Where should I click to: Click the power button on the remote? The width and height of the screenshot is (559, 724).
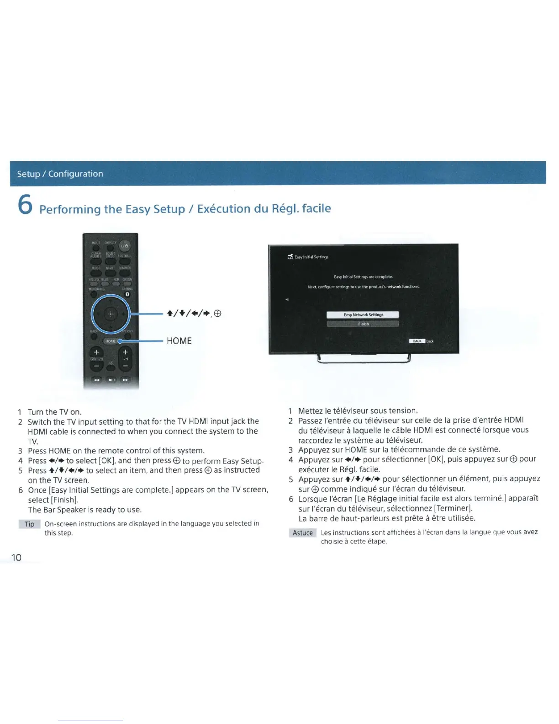pyautogui.click(x=124, y=246)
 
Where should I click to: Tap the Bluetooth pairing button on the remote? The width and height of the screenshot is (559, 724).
pyautogui.click(x=127, y=294)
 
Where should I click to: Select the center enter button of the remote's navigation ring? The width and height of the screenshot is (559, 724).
pyautogui.click(x=110, y=314)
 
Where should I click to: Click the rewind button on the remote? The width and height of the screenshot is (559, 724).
pyautogui.click(x=96, y=380)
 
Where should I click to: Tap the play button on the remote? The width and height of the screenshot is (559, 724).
pyautogui.click(x=111, y=380)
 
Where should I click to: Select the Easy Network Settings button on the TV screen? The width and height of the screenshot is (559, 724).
pyautogui.click(x=363, y=314)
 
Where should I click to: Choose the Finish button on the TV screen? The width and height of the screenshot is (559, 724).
pyautogui.click(x=363, y=324)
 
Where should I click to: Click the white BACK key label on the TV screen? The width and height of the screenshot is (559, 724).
pyautogui.click(x=417, y=341)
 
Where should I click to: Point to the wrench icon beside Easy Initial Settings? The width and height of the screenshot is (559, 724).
pyautogui.click(x=290, y=257)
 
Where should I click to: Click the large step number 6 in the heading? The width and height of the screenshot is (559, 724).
pyautogui.click(x=25, y=204)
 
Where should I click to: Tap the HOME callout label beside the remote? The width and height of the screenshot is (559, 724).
pyautogui.click(x=179, y=341)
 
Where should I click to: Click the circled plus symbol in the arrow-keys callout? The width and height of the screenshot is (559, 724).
pyautogui.click(x=217, y=314)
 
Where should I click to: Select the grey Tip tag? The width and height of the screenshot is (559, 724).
pyautogui.click(x=30, y=524)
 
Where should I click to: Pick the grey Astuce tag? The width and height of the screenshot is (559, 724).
pyautogui.click(x=302, y=533)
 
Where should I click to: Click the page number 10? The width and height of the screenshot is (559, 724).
pyautogui.click(x=16, y=557)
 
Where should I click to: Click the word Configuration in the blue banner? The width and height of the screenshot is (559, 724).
pyautogui.click(x=76, y=174)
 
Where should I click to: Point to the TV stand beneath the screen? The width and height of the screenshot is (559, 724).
pyautogui.click(x=364, y=359)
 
